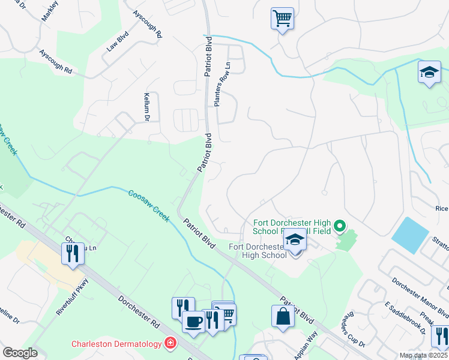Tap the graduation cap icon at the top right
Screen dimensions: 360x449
point(429,73)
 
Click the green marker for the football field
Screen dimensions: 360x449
point(340,227)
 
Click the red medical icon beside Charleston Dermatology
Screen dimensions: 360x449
point(171,343)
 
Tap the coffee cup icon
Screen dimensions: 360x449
point(193,321)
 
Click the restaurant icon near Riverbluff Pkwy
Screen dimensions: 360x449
point(72,253)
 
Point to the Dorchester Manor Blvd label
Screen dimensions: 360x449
point(419,296)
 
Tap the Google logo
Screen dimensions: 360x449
point(19,353)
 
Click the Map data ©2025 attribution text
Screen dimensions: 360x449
point(423,355)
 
